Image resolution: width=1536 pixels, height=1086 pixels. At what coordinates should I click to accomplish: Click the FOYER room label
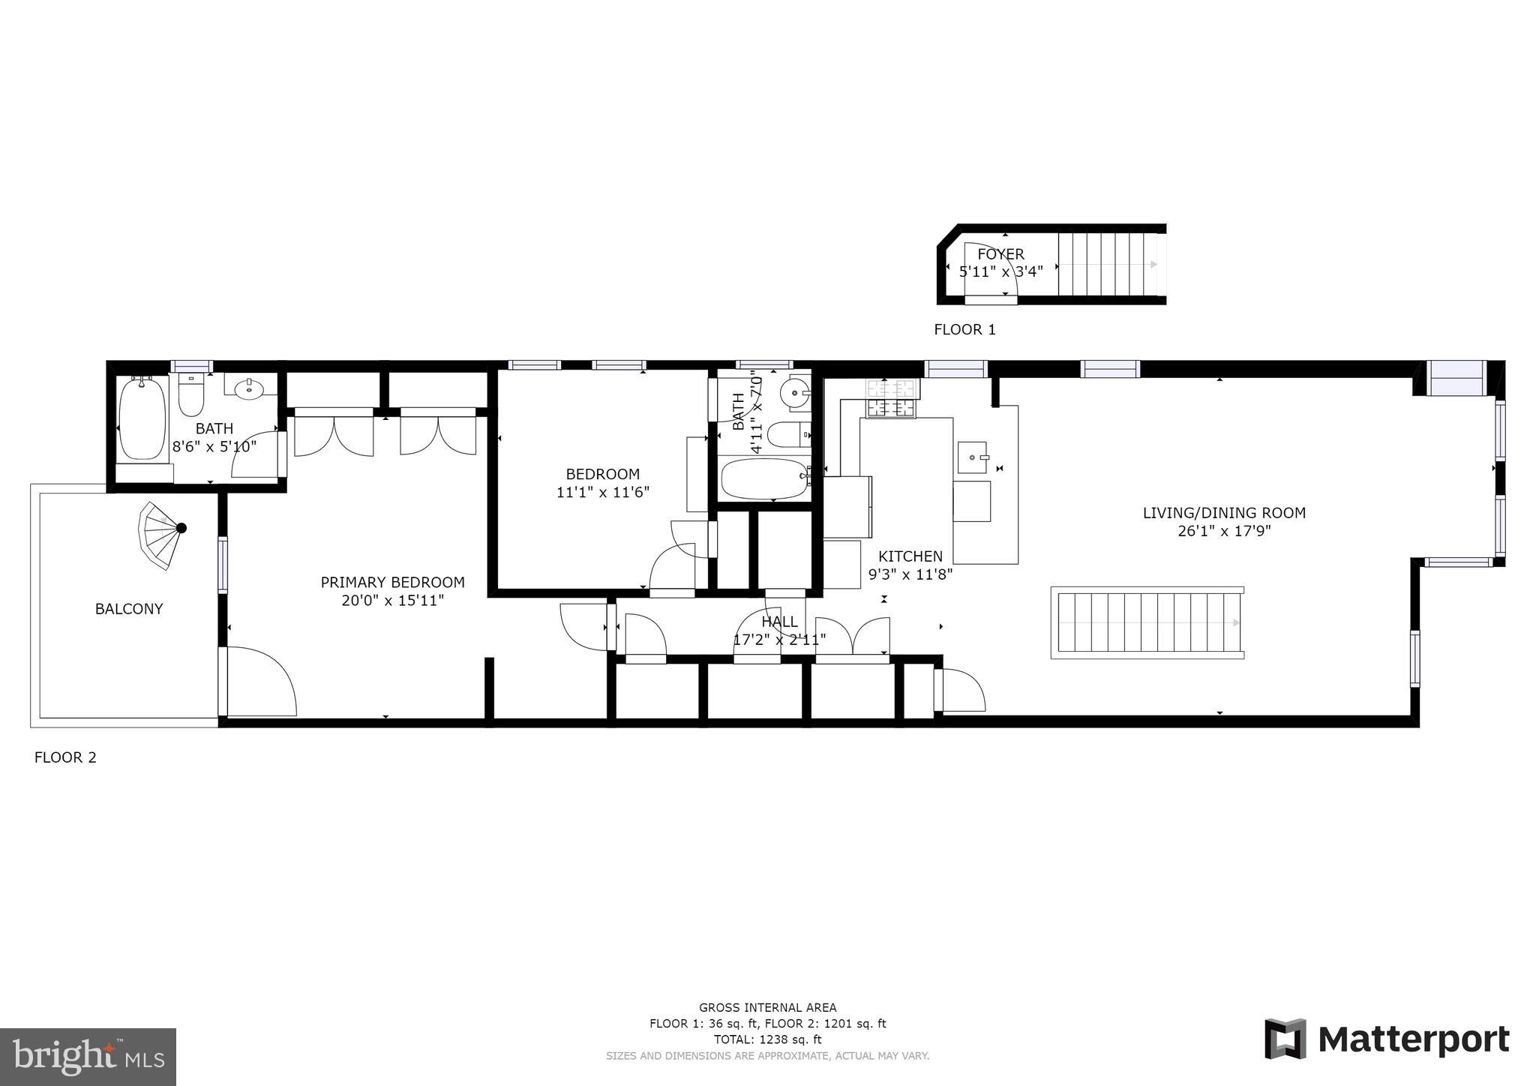point(1000,254)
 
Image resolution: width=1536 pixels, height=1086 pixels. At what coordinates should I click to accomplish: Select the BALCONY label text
point(129,609)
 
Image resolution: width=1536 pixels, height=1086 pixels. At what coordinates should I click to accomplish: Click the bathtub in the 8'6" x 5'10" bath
point(142,418)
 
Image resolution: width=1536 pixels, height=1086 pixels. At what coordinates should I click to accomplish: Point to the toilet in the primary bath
point(191,396)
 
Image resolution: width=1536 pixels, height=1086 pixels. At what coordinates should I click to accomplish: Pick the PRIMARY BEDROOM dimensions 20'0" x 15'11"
point(392,601)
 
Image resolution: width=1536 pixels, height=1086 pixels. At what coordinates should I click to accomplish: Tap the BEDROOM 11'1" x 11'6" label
point(602,483)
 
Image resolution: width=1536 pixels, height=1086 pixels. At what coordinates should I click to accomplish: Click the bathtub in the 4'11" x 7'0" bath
point(764,479)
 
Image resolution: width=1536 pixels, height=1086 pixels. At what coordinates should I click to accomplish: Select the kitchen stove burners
point(892,398)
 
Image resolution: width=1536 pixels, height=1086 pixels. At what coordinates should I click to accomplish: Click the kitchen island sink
point(973,457)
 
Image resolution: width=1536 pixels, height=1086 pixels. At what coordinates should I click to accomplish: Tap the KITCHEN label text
point(910,556)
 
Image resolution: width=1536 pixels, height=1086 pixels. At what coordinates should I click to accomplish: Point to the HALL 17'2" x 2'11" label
point(779,631)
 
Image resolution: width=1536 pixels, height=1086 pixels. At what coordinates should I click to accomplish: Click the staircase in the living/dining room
point(1147,622)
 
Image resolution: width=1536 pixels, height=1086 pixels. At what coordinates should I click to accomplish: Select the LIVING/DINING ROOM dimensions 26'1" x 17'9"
point(1224,532)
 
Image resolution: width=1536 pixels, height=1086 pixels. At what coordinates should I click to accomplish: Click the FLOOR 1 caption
point(964,329)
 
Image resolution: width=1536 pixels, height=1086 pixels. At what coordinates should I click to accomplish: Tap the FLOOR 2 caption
point(65,757)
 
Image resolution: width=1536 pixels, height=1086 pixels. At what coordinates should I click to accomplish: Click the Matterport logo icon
point(1285,1039)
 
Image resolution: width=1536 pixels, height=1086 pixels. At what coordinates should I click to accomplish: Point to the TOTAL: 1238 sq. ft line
point(767,1039)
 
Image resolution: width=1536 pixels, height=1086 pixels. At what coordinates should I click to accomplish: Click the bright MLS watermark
point(88,1057)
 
